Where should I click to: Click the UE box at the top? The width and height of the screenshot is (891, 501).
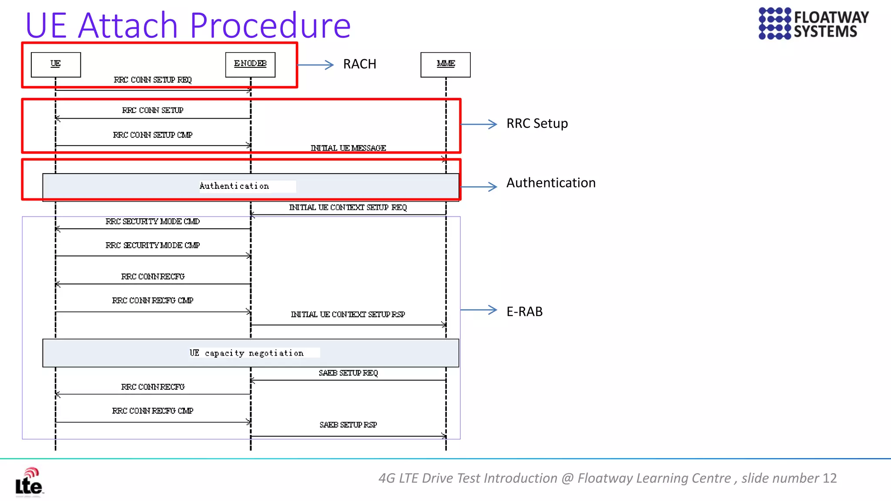pyautogui.click(x=56, y=64)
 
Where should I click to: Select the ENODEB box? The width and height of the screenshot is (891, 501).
pyautogui.click(x=250, y=64)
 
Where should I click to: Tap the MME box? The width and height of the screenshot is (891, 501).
pyautogui.click(x=445, y=64)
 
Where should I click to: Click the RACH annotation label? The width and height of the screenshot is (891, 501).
pyautogui.click(x=359, y=64)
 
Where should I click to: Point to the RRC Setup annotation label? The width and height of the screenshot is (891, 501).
pyautogui.click(x=537, y=124)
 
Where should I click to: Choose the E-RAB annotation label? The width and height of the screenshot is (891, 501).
pyautogui.click(x=524, y=311)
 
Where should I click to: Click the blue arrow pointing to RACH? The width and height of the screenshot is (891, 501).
pyautogui.click(x=315, y=65)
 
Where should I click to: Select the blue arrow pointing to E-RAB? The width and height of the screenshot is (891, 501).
pyautogui.click(x=479, y=310)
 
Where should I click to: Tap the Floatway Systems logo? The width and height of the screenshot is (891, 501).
pyautogui.click(x=813, y=23)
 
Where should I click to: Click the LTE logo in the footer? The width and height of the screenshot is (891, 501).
pyautogui.click(x=29, y=482)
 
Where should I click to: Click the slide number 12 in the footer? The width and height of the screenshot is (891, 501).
pyautogui.click(x=830, y=478)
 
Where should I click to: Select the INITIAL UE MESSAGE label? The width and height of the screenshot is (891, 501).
pyautogui.click(x=348, y=148)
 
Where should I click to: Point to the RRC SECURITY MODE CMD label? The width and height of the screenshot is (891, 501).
pyautogui.click(x=153, y=222)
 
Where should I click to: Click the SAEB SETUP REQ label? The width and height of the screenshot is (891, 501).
pyautogui.click(x=348, y=373)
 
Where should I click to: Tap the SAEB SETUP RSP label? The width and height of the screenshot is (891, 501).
pyautogui.click(x=348, y=425)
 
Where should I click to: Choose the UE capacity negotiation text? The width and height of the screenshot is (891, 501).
pyautogui.click(x=247, y=353)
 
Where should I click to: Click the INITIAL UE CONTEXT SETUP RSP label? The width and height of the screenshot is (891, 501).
pyautogui.click(x=348, y=314)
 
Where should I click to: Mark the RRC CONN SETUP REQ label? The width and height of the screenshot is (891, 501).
pyautogui.click(x=153, y=80)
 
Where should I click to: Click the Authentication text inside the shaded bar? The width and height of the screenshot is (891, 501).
pyautogui.click(x=234, y=186)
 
